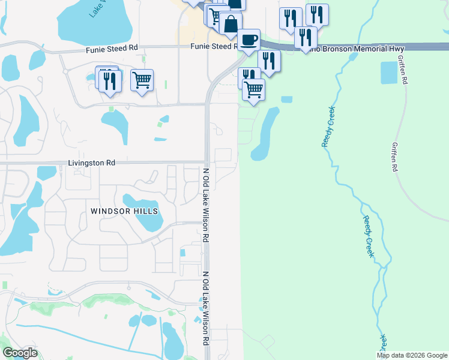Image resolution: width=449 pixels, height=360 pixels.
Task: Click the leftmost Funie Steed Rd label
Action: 112,47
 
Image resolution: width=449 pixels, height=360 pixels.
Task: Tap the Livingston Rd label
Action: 91,163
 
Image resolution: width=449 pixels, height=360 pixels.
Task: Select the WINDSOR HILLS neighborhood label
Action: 124,211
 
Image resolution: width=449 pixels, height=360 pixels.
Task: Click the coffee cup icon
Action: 248,40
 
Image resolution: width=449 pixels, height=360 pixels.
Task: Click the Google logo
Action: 20,353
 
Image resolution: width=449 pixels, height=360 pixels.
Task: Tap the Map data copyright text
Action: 411,355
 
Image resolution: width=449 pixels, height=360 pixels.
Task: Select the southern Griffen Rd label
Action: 395,158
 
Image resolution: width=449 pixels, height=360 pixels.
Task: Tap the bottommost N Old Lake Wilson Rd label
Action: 205,308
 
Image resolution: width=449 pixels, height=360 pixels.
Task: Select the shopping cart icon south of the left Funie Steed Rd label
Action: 142,79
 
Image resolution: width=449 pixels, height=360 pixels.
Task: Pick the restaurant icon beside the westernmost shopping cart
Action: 110,80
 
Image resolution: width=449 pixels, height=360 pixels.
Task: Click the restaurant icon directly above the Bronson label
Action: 306,37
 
